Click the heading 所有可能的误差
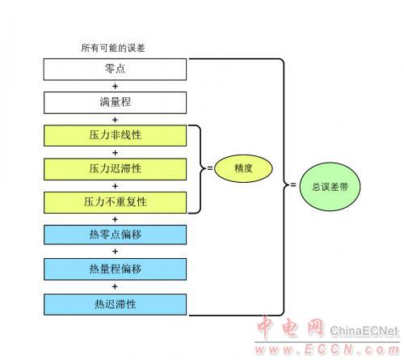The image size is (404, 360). coord(113,48)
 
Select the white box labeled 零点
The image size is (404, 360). coord(115,70)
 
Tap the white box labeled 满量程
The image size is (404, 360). coord(115,103)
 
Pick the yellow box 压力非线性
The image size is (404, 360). coord(115,136)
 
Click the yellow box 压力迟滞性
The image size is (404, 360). coord(115,169)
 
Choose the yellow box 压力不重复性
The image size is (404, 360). coord(115,202)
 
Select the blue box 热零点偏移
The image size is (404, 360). coord(115,235)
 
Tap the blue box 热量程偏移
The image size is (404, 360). coord(115,269)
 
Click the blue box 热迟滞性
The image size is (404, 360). coord(115,304)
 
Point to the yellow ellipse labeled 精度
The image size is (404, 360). coord(243,168)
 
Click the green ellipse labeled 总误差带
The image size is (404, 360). coord(330,187)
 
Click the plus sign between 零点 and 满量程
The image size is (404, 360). coord(115,87)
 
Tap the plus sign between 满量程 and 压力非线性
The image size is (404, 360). coord(115,120)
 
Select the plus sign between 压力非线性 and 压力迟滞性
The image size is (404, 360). coord(115,153)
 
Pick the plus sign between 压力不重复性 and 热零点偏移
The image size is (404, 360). coord(115,219)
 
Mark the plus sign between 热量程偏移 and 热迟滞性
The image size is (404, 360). coord(115,286)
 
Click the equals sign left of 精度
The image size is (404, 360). coord(210,168)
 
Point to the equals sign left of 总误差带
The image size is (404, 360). coord(293,185)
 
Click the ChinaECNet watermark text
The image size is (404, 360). coord(364,331)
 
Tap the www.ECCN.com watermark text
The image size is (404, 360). coord(327,349)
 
